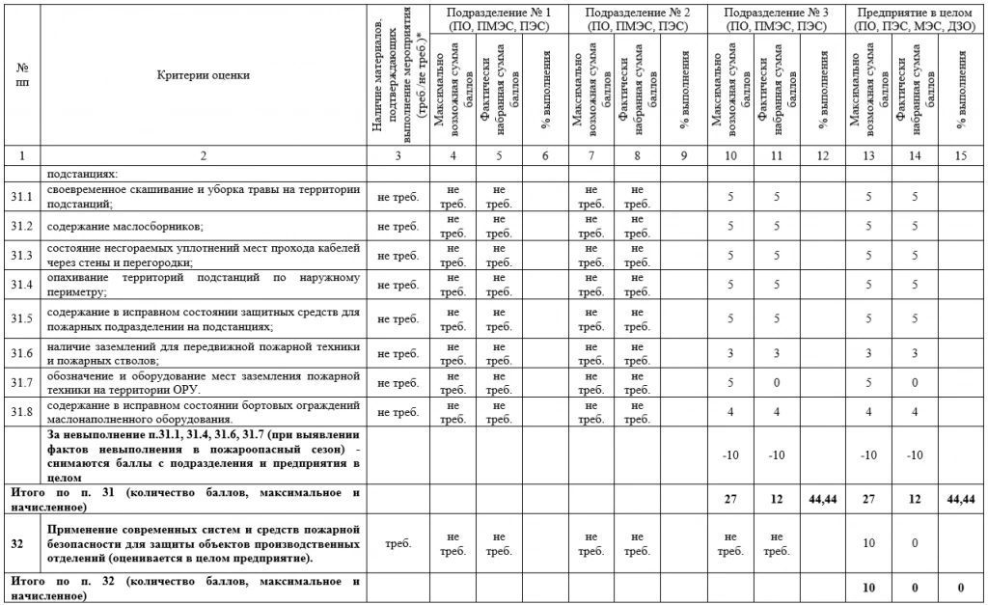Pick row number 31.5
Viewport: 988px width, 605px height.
pyautogui.click(x=22, y=318)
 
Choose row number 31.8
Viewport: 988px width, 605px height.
pyautogui.click(x=22, y=412)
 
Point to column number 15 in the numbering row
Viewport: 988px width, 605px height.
pyautogui.click(x=961, y=154)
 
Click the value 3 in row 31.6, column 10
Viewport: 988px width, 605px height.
pyautogui.click(x=730, y=354)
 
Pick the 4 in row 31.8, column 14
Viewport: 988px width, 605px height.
pyautogui.click(x=915, y=412)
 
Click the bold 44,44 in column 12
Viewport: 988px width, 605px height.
pyautogui.click(x=823, y=498)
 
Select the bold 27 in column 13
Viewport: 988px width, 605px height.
pyautogui.click(x=868, y=498)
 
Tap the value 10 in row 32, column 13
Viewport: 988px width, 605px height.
pyautogui.click(x=868, y=543)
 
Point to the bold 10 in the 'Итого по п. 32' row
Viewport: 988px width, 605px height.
pyautogui.click(x=868, y=588)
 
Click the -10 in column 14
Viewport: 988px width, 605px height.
pyautogui.click(x=915, y=454)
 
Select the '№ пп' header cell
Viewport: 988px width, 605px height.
pyautogui.click(x=22, y=74)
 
